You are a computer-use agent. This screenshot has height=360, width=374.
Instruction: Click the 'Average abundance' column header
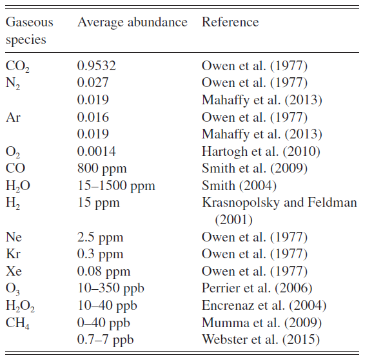132,23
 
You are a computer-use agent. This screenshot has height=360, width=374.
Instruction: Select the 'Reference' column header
230,23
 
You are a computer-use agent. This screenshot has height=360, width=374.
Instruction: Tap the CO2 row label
17,66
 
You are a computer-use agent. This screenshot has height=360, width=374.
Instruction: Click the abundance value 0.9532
96,66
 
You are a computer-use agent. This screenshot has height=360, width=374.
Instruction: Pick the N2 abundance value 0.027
93,83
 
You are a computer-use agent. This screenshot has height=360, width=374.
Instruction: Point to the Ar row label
13,117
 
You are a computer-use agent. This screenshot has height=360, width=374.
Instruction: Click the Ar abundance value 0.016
93,117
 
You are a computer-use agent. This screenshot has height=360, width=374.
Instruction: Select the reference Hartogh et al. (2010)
261,152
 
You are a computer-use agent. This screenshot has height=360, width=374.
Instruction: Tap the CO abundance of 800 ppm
102,169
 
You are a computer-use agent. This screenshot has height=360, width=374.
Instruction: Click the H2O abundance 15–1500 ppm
116,186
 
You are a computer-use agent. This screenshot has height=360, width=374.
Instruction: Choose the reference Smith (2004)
239,186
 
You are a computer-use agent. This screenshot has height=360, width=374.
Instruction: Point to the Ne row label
14,237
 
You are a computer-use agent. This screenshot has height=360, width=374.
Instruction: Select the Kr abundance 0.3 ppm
100,254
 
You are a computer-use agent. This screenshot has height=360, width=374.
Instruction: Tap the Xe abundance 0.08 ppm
104,272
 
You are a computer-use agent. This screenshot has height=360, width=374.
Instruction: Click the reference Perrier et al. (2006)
257,289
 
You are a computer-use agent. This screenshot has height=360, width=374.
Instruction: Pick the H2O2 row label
20,307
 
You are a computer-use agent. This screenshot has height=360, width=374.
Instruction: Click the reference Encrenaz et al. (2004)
264,306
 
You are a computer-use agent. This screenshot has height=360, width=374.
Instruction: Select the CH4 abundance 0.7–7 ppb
105,340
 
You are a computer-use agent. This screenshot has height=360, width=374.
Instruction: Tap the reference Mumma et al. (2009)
262,323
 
